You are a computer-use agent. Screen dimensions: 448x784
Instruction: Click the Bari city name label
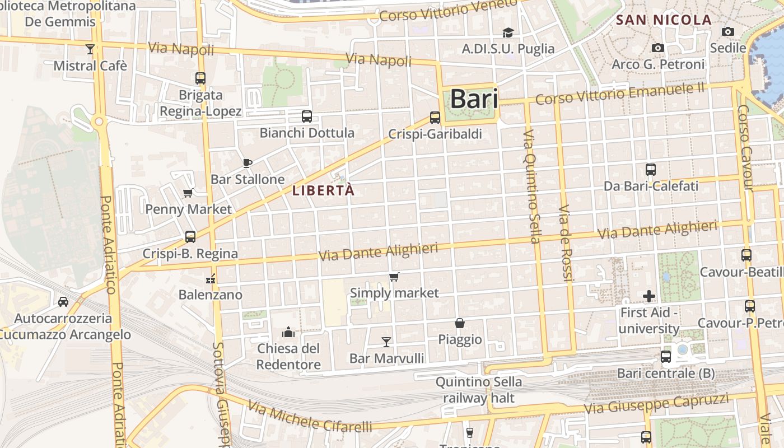click(x=474, y=99)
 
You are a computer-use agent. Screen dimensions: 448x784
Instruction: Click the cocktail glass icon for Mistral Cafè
click(x=90, y=49)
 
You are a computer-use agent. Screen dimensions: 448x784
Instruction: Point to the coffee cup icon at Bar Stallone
click(x=248, y=163)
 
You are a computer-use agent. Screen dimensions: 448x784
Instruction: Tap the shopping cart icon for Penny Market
click(x=188, y=193)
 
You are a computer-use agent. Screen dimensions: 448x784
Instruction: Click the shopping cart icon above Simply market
click(x=394, y=277)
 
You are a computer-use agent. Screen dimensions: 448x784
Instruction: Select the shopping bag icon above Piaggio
click(x=460, y=323)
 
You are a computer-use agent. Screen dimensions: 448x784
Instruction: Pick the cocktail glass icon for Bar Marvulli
click(x=386, y=342)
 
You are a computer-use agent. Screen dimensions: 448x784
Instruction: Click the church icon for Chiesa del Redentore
click(x=288, y=332)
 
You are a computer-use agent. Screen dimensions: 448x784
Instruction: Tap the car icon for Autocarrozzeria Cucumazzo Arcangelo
click(x=63, y=302)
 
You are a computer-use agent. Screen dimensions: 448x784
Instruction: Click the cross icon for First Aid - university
click(x=649, y=296)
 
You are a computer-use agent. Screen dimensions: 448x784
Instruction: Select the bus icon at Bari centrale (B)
click(x=666, y=357)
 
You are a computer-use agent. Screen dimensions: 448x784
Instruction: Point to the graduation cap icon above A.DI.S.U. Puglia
click(x=508, y=32)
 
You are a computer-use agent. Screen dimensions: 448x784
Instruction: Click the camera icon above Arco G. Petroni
click(x=658, y=48)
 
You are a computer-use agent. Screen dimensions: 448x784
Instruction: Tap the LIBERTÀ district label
click(x=324, y=190)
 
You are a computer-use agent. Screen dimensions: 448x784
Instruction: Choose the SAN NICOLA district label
click(x=664, y=20)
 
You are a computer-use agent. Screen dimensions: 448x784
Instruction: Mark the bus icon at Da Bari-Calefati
click(x=651, y=170)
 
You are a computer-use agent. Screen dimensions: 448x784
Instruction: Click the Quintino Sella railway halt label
click(x=479, y=390)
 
